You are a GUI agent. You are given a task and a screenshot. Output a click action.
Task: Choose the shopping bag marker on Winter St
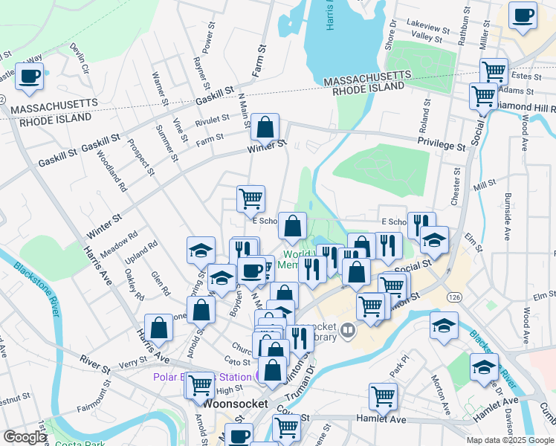coord(265,128)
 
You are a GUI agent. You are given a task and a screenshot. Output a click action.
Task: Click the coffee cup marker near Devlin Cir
coord(29,77)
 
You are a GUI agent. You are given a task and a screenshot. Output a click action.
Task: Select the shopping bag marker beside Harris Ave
coord(159,327)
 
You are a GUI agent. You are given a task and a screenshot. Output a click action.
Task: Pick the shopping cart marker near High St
coord(200,385)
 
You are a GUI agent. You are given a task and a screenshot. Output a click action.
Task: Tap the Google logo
coord(25,437)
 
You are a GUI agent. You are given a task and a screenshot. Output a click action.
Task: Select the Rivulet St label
coord(213,119)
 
